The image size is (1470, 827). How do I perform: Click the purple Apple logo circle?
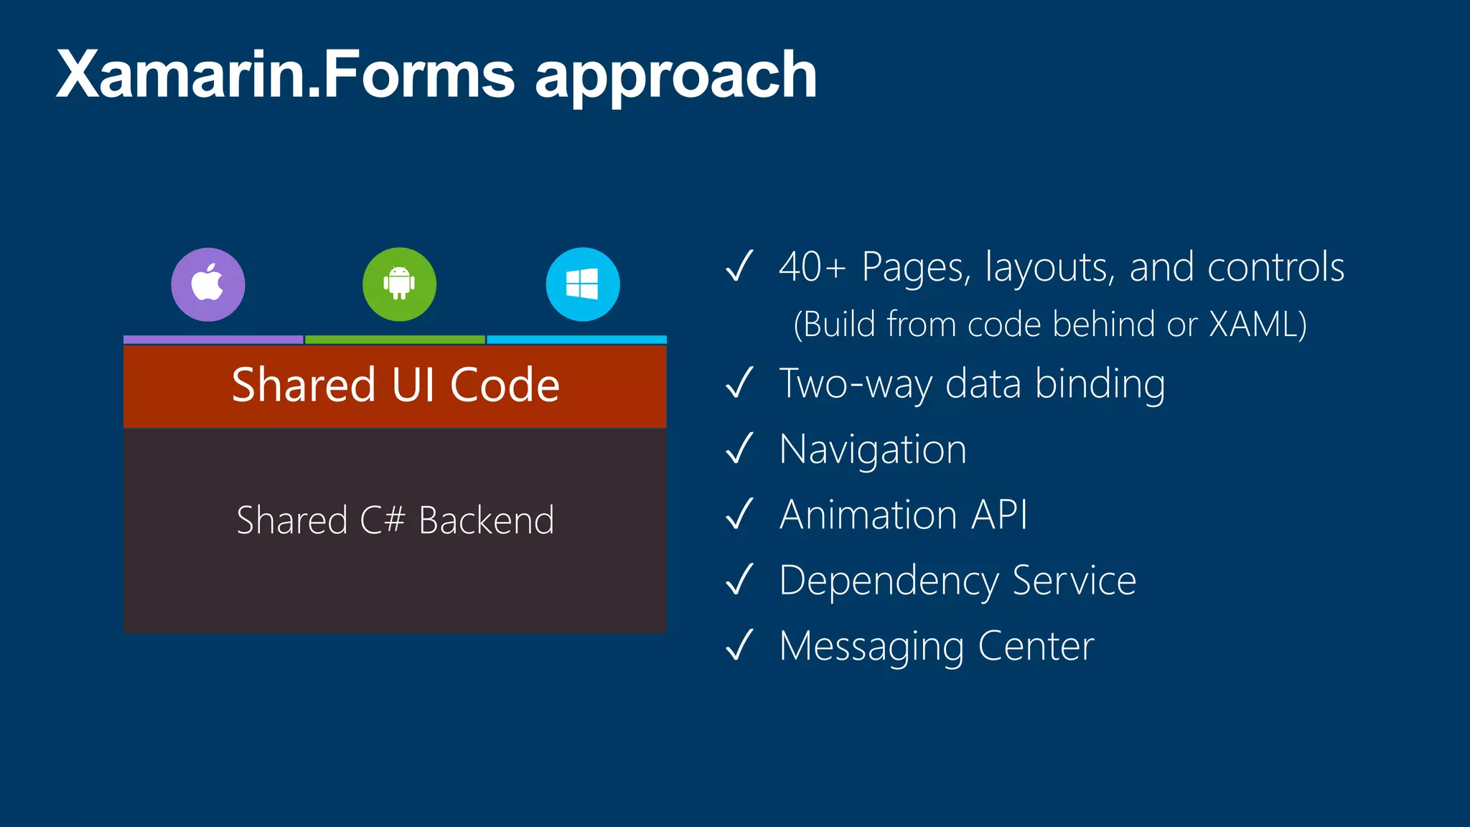[208, 284]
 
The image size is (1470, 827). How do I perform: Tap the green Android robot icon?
[399, 284]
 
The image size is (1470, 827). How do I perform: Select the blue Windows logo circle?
[583, 284]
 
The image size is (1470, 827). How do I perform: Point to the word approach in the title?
[675, 78]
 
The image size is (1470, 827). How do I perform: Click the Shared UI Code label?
[395, 385]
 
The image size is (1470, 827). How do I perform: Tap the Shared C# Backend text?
[395, 520]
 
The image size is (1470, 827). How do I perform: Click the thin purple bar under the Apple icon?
[213, 340]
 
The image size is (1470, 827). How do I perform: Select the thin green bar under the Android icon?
[395, 340]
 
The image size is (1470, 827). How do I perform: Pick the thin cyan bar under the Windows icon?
[577, 340]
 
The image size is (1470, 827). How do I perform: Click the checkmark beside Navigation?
[739, 449]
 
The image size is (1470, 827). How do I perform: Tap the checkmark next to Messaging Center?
[739, 645]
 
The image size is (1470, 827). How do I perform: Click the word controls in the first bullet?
[1275, 267]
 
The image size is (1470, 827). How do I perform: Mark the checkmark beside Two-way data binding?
[739, 383]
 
